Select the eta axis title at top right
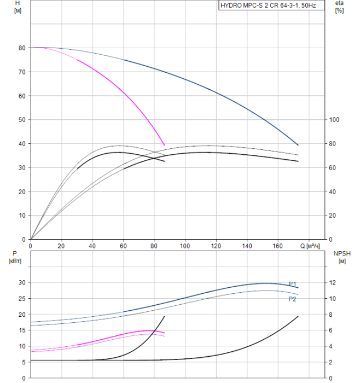pyautogui.click(x=339, y=7)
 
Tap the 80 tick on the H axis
pyautogui.click(x=21, y=48)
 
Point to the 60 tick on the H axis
pyautogui.click(x=21, y=96)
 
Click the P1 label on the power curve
pyautogui.click(x=293, y=284)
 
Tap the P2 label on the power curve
pyautogui.click(x=293, y=299)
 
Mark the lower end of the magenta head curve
pyautogui.click(x=164, y=145)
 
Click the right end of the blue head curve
pyautogui.click(x=298, y=145)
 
